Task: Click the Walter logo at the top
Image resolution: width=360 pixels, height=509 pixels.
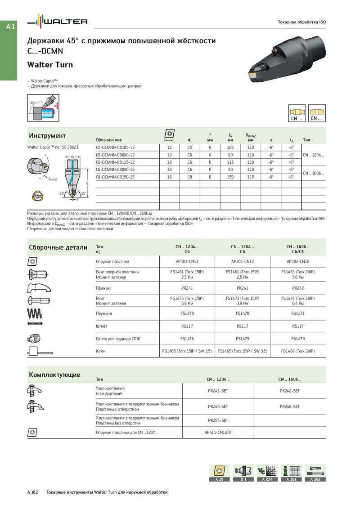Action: click(x=57, y=21)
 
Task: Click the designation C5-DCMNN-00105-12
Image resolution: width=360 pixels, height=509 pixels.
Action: click(x=115, y=147)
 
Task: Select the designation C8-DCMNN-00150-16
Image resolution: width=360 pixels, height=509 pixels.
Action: click(x=115, y=177)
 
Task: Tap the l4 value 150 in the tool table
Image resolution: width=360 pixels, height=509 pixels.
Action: click(x=230, y=177)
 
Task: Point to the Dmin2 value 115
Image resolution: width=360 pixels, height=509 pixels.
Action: click(x=251, y=177)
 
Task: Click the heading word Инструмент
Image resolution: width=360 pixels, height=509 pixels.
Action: click(x=47, y=136)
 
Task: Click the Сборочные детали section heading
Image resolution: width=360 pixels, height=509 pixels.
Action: click(x=58, y=247)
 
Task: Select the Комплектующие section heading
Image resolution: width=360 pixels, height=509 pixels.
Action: click(x=54, y=375)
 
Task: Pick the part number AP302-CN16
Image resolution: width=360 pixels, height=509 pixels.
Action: click(x=298, y=261)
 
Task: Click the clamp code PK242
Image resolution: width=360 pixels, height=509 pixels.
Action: click(x=298, y=288)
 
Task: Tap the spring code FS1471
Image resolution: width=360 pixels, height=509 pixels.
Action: click(x=298, y=313)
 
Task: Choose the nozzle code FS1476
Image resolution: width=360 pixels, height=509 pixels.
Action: click(x=187, y=339)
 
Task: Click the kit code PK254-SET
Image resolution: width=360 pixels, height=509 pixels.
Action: click(x=218, y=420)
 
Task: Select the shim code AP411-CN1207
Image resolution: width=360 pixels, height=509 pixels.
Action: click(x=218, y=432)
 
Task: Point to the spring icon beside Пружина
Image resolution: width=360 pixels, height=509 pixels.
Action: click(x=36, y=313)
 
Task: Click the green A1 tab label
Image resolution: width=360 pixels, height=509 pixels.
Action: click(x=11, y=27)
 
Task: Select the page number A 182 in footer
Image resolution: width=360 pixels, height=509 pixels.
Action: click(x=33, y=492)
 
